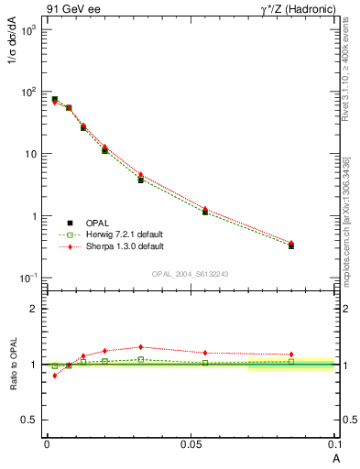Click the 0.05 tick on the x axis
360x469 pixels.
point(190,444)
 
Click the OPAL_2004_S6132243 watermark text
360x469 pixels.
point(191,274)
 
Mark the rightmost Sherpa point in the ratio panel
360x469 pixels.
point(291,354)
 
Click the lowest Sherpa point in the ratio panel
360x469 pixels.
point(55,376)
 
